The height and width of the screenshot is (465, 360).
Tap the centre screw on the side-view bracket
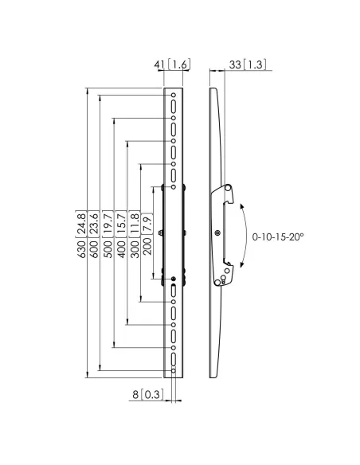coord(217,232)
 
